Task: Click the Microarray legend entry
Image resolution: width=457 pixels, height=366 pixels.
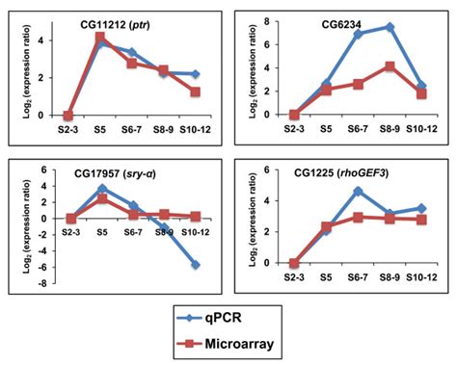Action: [x=240, y=343]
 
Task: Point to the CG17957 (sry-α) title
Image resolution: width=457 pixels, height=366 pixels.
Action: [x=113, y=173]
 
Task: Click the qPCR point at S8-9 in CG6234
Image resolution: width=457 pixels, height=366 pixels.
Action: [x=390, y=27]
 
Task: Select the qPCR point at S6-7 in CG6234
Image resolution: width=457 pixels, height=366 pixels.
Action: [x=357, y=35]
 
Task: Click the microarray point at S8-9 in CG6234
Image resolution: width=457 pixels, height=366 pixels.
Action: [x=390, y=66]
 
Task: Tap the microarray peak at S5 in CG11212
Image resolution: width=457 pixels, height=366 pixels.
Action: [x=99, y=38]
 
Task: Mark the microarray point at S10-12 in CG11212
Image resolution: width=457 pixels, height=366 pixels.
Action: [x=197, y=91]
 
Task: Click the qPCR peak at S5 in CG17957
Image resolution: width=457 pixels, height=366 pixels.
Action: [x=101, y=189]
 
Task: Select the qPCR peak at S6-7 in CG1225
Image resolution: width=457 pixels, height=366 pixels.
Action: [x=357, y=192]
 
